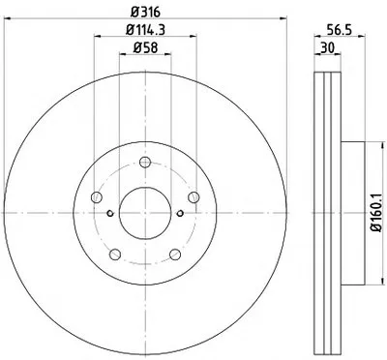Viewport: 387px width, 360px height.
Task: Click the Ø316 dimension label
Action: tap(145, 13)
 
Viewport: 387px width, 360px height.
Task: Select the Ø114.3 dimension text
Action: tap(145, 30)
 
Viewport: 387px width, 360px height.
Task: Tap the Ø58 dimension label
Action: tap(145, 48)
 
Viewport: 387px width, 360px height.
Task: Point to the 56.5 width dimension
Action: tap(340, 30)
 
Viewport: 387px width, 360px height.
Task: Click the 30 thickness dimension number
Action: tap(327, 48)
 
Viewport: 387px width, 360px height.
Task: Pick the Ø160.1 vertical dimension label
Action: tap(377, 212)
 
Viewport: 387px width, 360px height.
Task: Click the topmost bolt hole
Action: tap(145, 162)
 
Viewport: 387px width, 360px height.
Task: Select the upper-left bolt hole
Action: tap(97, 196)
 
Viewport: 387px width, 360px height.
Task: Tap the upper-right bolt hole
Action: tap(193, 196)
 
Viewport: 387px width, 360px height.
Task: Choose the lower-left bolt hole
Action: tap(115, 255)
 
